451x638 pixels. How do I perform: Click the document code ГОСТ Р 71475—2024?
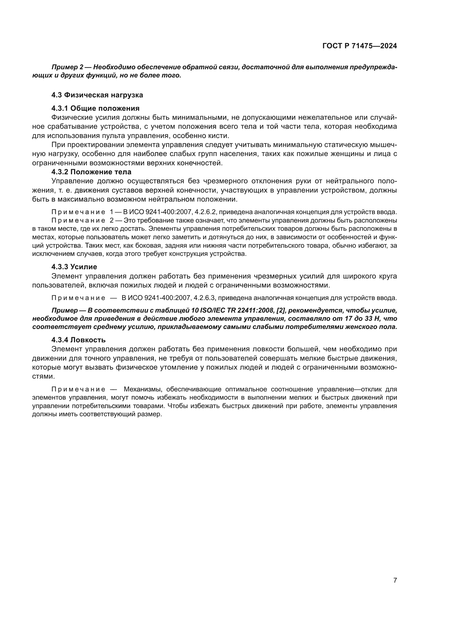coord(360,46)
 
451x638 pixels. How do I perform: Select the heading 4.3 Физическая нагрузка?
coord(97,95)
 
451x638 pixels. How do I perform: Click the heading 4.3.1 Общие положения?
coord(95,108)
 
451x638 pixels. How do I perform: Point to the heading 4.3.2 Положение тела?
coord(91,172)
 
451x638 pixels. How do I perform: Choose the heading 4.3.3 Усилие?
coord(74,267)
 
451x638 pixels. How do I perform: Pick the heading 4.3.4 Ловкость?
coord(78,340)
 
